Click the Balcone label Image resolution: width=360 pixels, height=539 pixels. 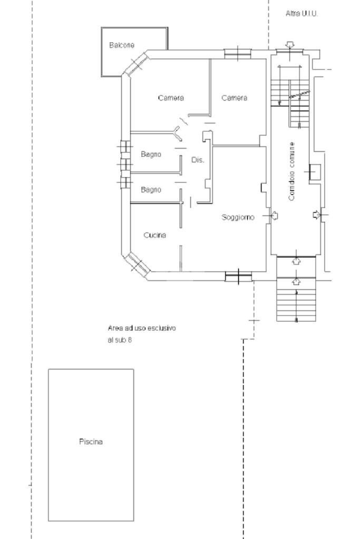click(122, 45)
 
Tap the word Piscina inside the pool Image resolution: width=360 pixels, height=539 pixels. click(91, 442)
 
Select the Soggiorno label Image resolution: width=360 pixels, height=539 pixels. click(238, 218)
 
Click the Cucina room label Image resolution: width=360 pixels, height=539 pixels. click(155, 235)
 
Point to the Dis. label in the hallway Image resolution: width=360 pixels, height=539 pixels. click(198, 160)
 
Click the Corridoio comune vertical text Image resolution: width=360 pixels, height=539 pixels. click(291, 171)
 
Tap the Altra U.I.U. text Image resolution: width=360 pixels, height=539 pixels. click(301, 14)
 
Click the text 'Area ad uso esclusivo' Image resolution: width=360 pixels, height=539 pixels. click(142, 328)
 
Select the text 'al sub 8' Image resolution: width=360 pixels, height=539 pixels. click(120, 340)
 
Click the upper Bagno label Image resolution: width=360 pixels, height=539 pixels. click(151, 154)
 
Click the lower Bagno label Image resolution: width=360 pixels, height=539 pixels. click(151, 189)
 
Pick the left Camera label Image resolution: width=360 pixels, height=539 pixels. click(171, 98)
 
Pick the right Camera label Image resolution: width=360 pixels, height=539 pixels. click(234, 98)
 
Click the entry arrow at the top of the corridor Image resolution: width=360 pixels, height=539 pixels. click(290, 45)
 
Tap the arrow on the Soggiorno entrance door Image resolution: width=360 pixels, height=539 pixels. click(275, 215)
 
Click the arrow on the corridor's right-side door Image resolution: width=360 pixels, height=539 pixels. click(316, 215)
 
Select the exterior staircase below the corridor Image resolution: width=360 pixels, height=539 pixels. click(296, 299)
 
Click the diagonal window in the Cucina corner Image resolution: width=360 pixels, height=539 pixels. click(137, 263)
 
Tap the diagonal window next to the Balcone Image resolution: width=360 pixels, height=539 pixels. click(136, 64)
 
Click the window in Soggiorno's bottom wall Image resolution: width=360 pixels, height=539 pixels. click(238, 277)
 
